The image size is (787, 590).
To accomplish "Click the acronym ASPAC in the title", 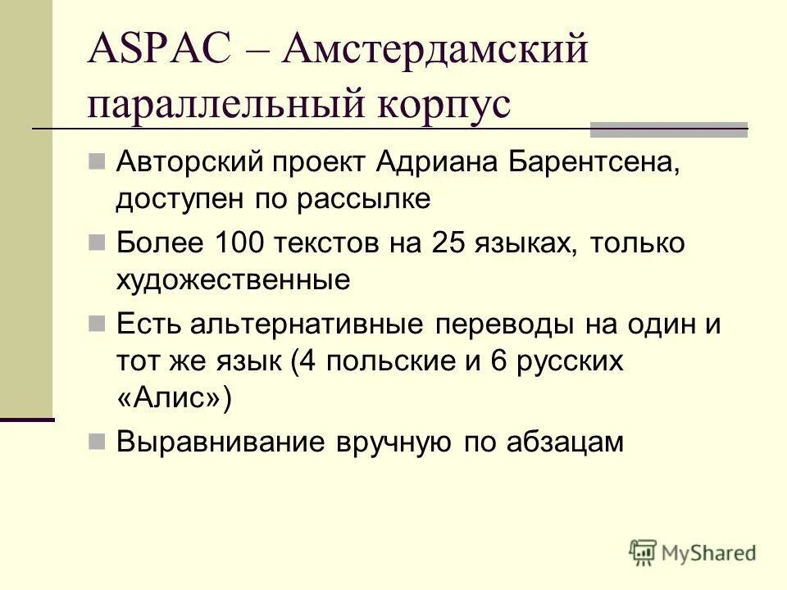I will coord(161,52).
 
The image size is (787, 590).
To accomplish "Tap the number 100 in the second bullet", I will coord(238,243).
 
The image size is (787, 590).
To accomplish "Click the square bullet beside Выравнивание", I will coord(97,442).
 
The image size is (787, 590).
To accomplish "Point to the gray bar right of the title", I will coord(669,129).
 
